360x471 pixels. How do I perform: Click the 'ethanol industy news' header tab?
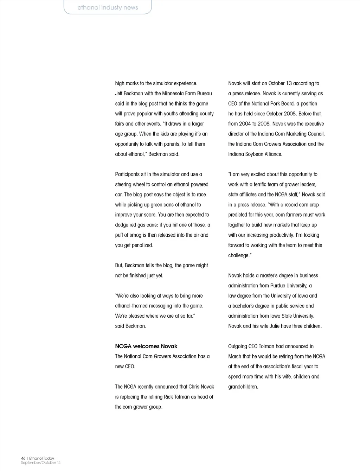[108, 7]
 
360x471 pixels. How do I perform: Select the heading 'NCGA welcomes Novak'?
[146, 346]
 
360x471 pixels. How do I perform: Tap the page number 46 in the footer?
[23, 458]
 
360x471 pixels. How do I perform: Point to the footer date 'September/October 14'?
[40, 463]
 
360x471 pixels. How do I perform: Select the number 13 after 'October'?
[289, 83]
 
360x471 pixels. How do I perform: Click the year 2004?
[245, 124]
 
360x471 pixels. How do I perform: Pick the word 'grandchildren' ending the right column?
[243, 387]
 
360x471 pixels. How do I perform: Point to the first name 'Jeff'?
[120, 94]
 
